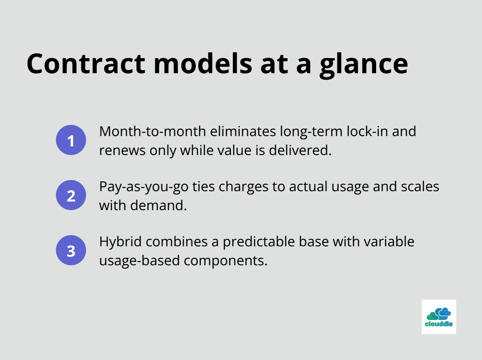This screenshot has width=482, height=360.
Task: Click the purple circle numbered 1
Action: pos(71,140)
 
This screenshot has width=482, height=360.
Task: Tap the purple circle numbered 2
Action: pos(71,195)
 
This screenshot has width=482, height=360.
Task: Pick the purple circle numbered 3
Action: pos(71,250)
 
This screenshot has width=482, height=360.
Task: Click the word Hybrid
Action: pos(120,241)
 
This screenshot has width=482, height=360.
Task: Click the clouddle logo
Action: pos(439,317)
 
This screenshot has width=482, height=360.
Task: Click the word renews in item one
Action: pos(122,150)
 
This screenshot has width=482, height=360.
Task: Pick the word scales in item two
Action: pos(420,186)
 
